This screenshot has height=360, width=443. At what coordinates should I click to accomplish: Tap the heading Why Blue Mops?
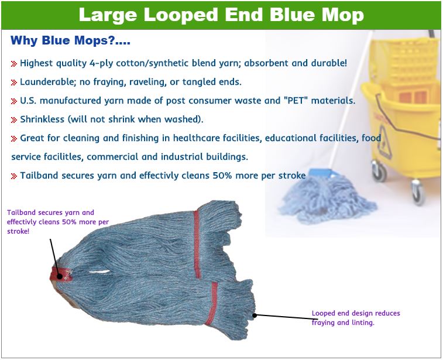(70, 40)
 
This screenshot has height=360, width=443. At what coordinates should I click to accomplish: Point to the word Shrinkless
(42, 119)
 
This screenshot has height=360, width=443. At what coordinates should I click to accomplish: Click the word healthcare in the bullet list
(196, 138)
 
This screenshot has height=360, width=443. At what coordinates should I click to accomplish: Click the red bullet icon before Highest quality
(14, 64)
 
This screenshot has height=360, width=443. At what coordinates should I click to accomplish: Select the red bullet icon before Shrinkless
(14, 120)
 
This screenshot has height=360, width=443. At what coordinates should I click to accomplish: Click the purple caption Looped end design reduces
(356, 313)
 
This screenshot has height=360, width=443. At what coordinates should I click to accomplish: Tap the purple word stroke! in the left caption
(18, 231)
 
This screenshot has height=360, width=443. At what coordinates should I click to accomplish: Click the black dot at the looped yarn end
(255, 316)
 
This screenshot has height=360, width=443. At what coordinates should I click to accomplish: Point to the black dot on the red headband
(59, 276)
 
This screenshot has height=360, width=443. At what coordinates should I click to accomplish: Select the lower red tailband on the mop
(212, 304)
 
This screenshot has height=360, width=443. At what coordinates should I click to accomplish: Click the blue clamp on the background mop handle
(321, 173)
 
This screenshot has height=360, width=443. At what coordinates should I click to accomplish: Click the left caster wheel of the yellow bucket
(379, 171)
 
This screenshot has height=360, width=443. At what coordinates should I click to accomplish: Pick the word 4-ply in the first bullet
(101, 63)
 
